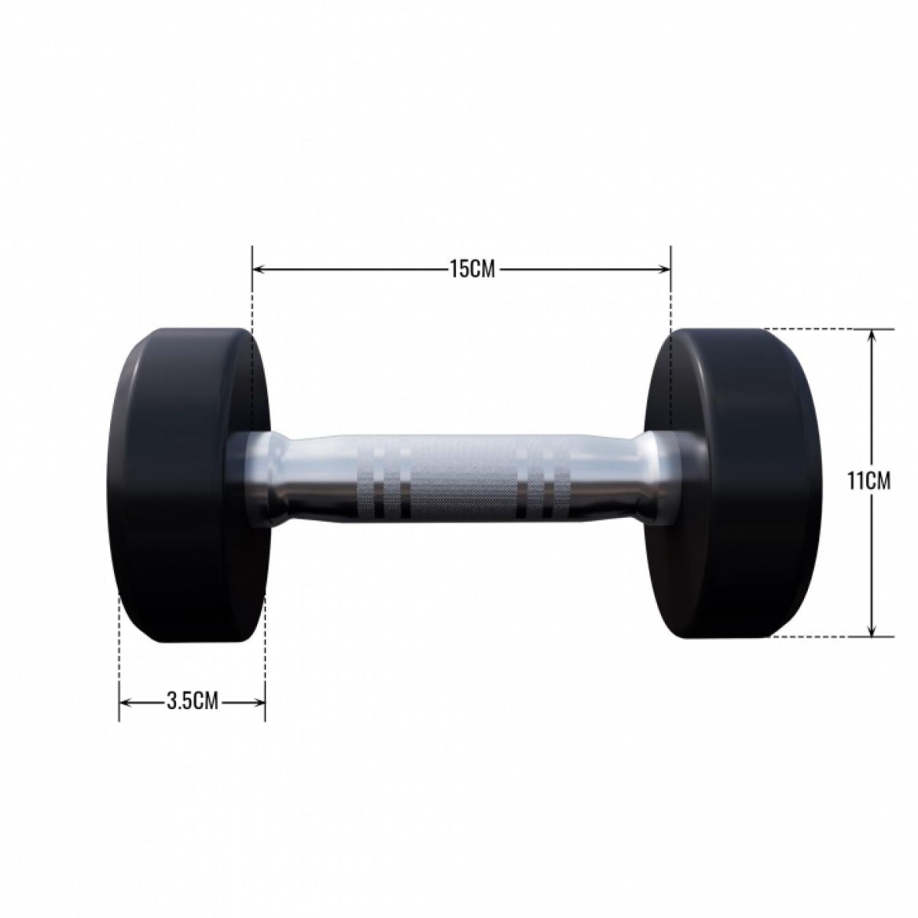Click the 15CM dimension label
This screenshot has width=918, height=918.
(x=461, y=269)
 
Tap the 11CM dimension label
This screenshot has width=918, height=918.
(x=869, y=481)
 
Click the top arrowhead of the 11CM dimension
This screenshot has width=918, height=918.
(x=871, y=335)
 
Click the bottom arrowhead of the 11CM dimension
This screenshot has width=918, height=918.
(x=871, y=630)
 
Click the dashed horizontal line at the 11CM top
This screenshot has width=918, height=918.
(x=811, y=329)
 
